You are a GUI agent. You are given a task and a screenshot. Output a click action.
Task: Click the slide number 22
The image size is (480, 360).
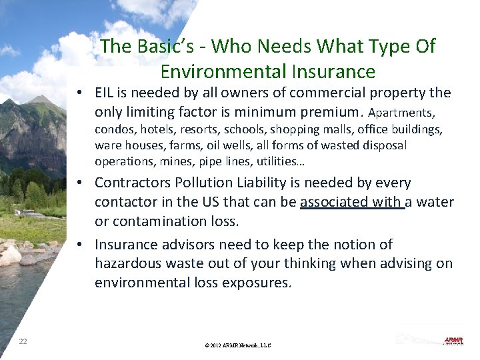coord(23,341)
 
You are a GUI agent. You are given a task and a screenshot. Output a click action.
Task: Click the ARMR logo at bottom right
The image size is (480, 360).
coord(453,341)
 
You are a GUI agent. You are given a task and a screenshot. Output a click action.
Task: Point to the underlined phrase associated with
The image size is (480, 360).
coord(351,202)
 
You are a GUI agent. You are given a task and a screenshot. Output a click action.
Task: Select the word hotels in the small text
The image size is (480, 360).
coord(157,129)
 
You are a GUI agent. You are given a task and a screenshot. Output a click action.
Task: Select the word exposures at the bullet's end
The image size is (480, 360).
coord(257,282)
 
